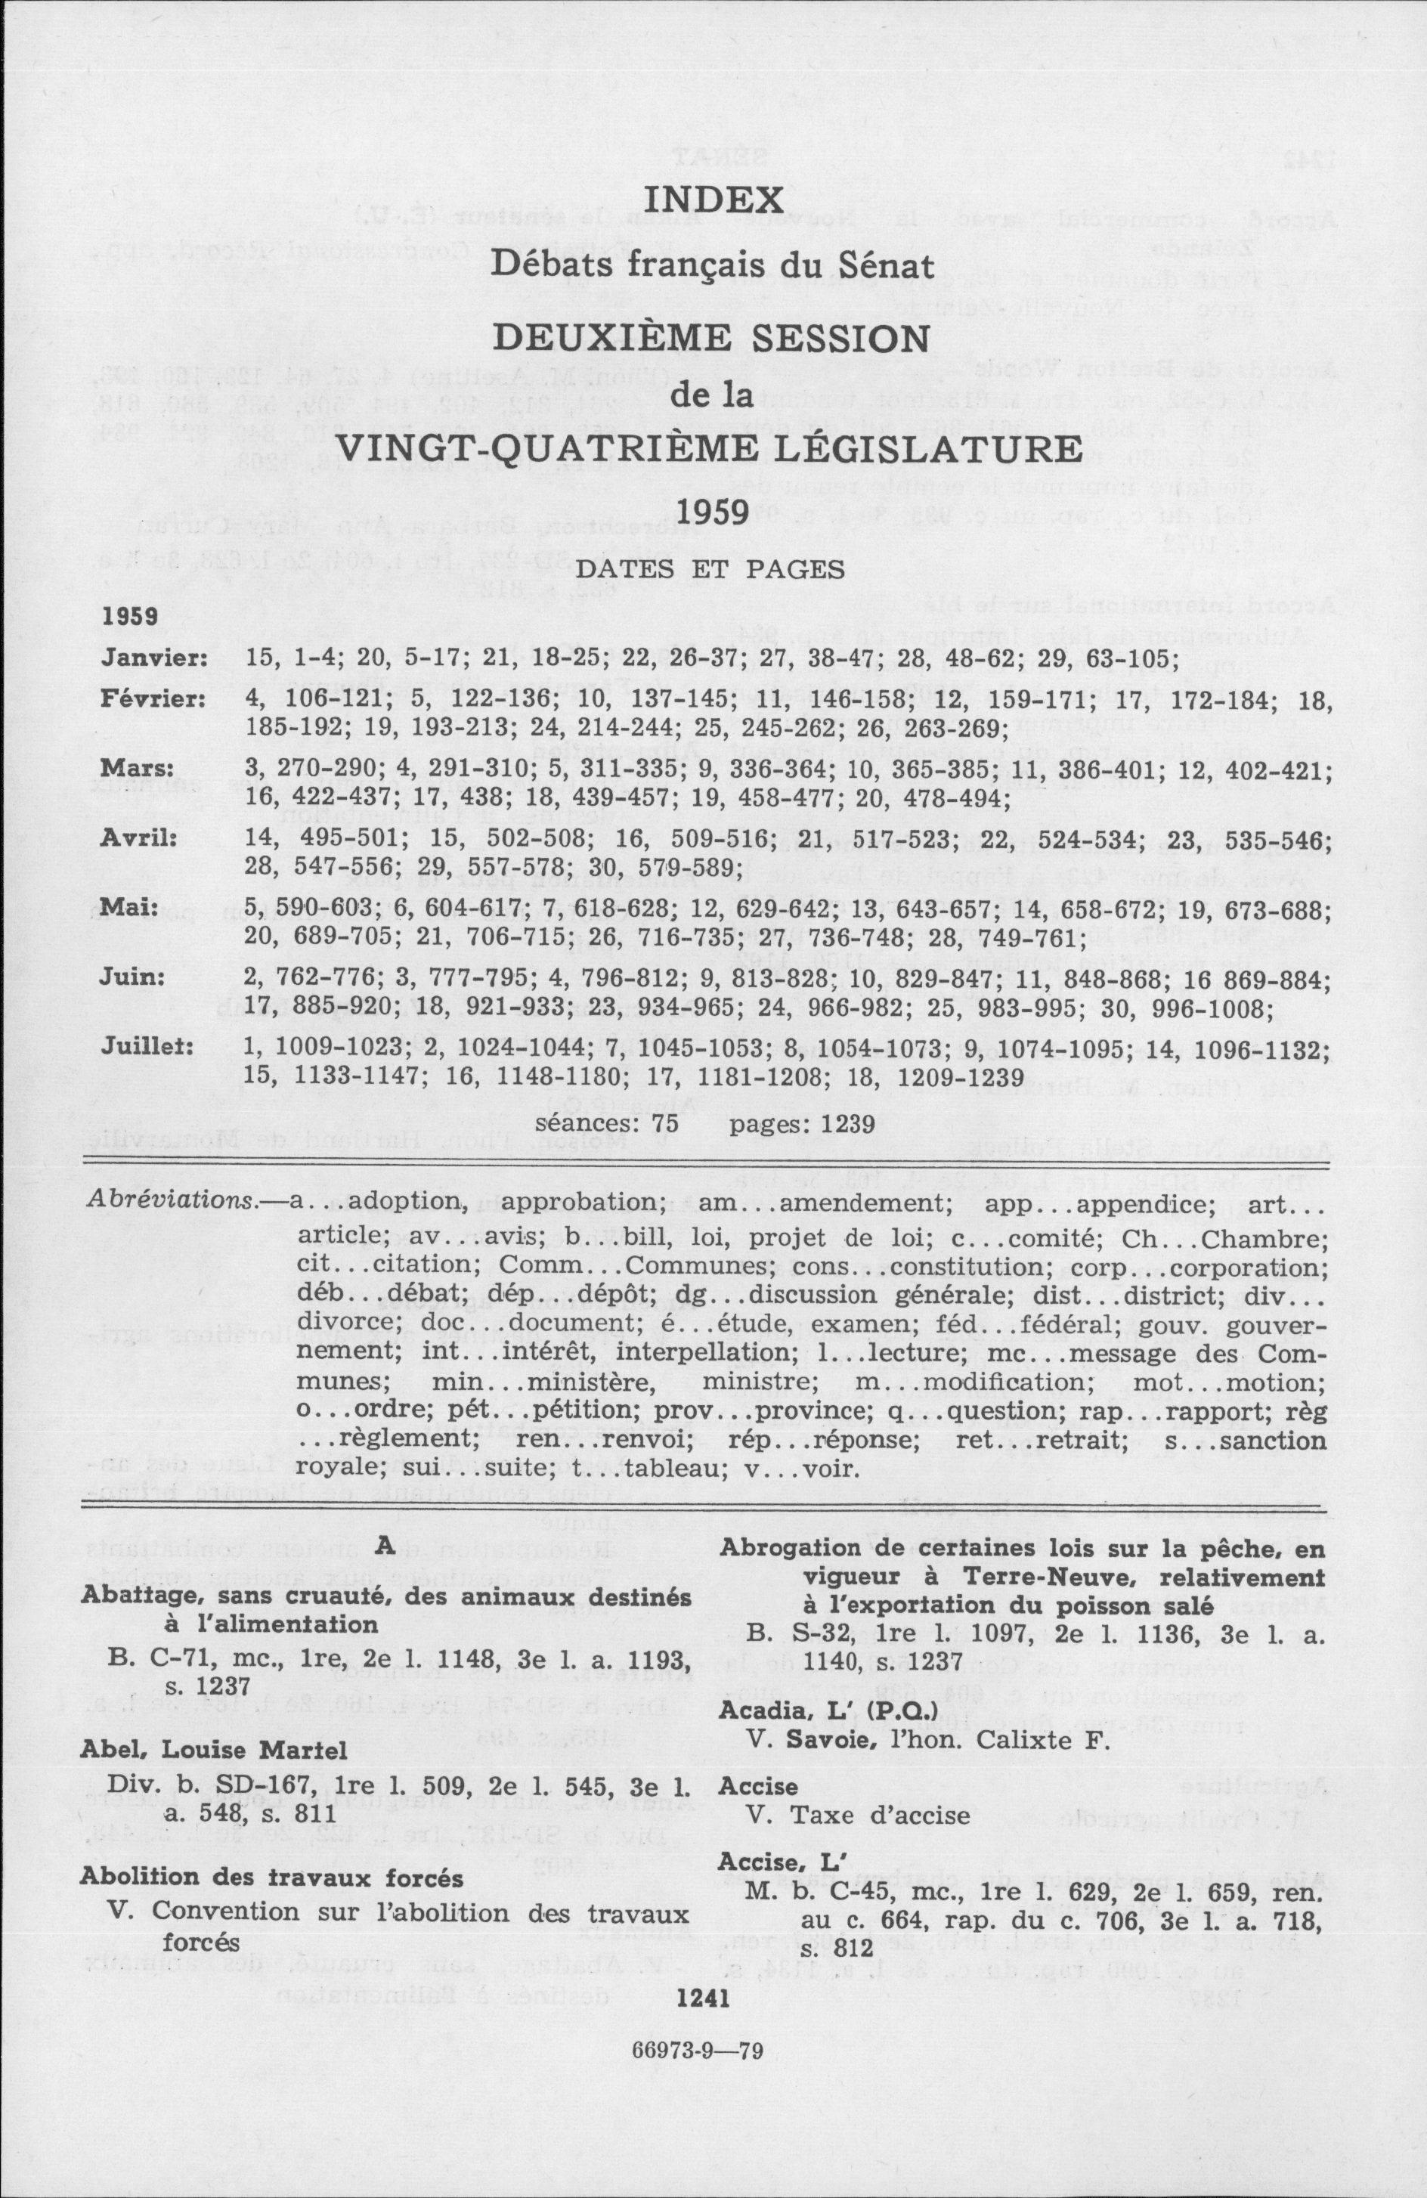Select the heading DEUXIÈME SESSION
pos(711,337)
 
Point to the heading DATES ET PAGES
pos(711,570)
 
